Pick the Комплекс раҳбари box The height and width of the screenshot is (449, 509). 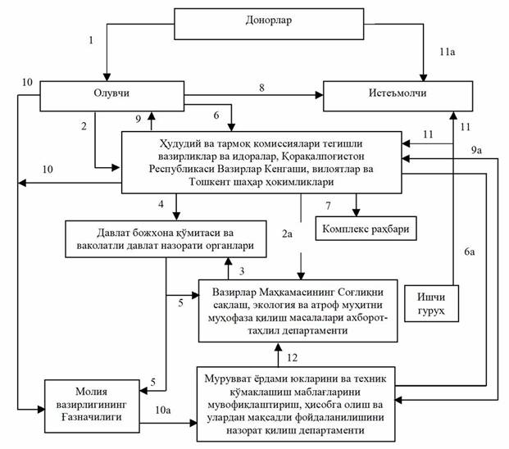[x=366, y=229]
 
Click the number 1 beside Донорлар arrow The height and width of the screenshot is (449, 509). [x=92, y=39]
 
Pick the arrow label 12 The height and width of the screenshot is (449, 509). [x=293, y=356]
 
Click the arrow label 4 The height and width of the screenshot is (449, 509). [x=161, y=202]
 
